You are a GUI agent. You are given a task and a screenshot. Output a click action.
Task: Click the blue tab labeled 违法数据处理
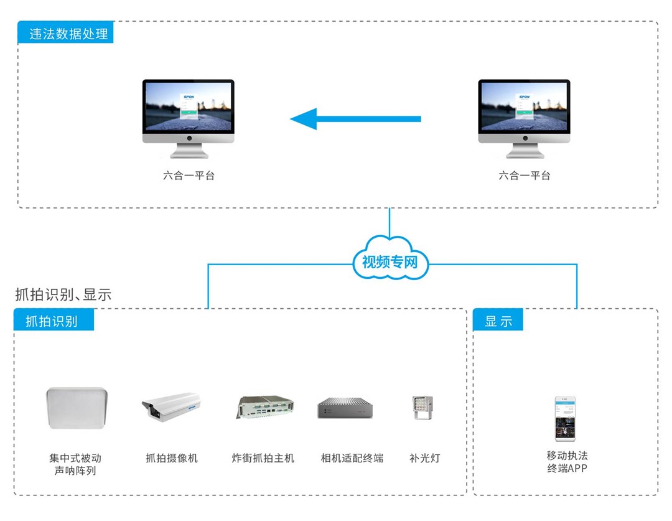(65, 33)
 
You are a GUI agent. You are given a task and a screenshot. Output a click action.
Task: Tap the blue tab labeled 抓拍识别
(54, 321)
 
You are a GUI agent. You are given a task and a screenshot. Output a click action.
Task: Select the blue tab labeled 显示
(498, 321)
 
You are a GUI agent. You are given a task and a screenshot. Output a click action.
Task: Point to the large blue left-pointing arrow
(355, 118)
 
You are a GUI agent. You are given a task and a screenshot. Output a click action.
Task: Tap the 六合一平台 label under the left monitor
(189, 176)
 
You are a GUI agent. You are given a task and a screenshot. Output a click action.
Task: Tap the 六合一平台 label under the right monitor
(525, 176)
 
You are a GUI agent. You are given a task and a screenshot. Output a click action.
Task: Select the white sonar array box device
(77, 408)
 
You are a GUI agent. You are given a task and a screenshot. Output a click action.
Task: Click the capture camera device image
(171, 408)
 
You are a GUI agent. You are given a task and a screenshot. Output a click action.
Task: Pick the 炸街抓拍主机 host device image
(264, 407)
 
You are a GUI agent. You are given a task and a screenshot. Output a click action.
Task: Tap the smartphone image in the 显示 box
(565, 418)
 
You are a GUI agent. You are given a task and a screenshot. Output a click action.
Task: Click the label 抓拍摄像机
(171, 458)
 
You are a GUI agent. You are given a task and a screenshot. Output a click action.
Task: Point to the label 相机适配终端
(352, 458)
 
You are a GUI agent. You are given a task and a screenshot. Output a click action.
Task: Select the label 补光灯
(424, 458)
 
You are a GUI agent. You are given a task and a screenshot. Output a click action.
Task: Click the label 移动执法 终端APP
(567, 462)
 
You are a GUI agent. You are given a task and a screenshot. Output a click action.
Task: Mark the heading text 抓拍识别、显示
(63, 294)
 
